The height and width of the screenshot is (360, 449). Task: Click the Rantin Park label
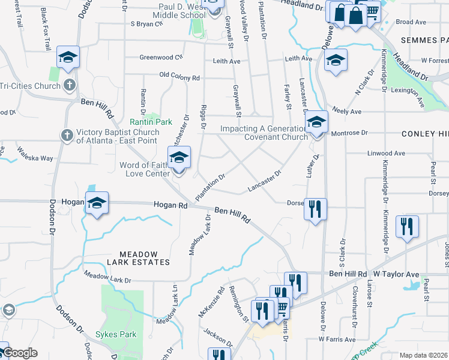[146, 122]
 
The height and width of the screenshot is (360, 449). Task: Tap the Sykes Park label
[118, 334]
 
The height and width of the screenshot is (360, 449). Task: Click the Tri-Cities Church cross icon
[70, 85]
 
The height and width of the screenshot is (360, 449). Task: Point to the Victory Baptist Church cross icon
[67, 135]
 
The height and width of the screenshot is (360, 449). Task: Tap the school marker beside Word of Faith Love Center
[179, 158]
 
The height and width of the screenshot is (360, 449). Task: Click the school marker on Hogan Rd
[97, 204]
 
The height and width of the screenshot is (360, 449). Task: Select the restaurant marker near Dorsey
[315, 209]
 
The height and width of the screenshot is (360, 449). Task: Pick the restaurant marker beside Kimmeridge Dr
[407, 227]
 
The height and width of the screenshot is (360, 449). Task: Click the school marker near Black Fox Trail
[68, 58]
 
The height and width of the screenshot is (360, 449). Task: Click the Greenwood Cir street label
[161, 58]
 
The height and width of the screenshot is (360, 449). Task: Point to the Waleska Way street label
[35, 154]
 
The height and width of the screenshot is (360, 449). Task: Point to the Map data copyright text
[424, 355]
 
